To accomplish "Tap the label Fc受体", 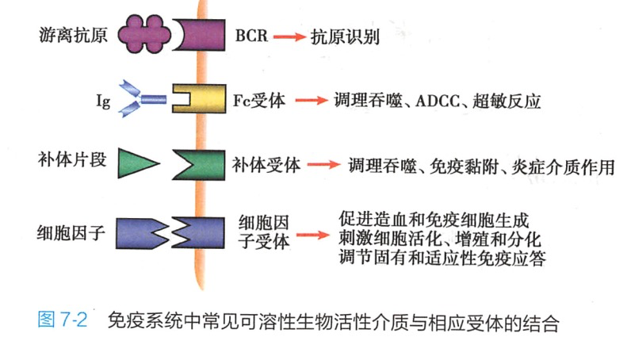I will [x=261, y=101].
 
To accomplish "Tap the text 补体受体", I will [x=266, y=166].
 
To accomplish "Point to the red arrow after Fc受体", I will [x=311, y=101].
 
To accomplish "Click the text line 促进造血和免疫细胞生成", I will [x=433, y=218].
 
